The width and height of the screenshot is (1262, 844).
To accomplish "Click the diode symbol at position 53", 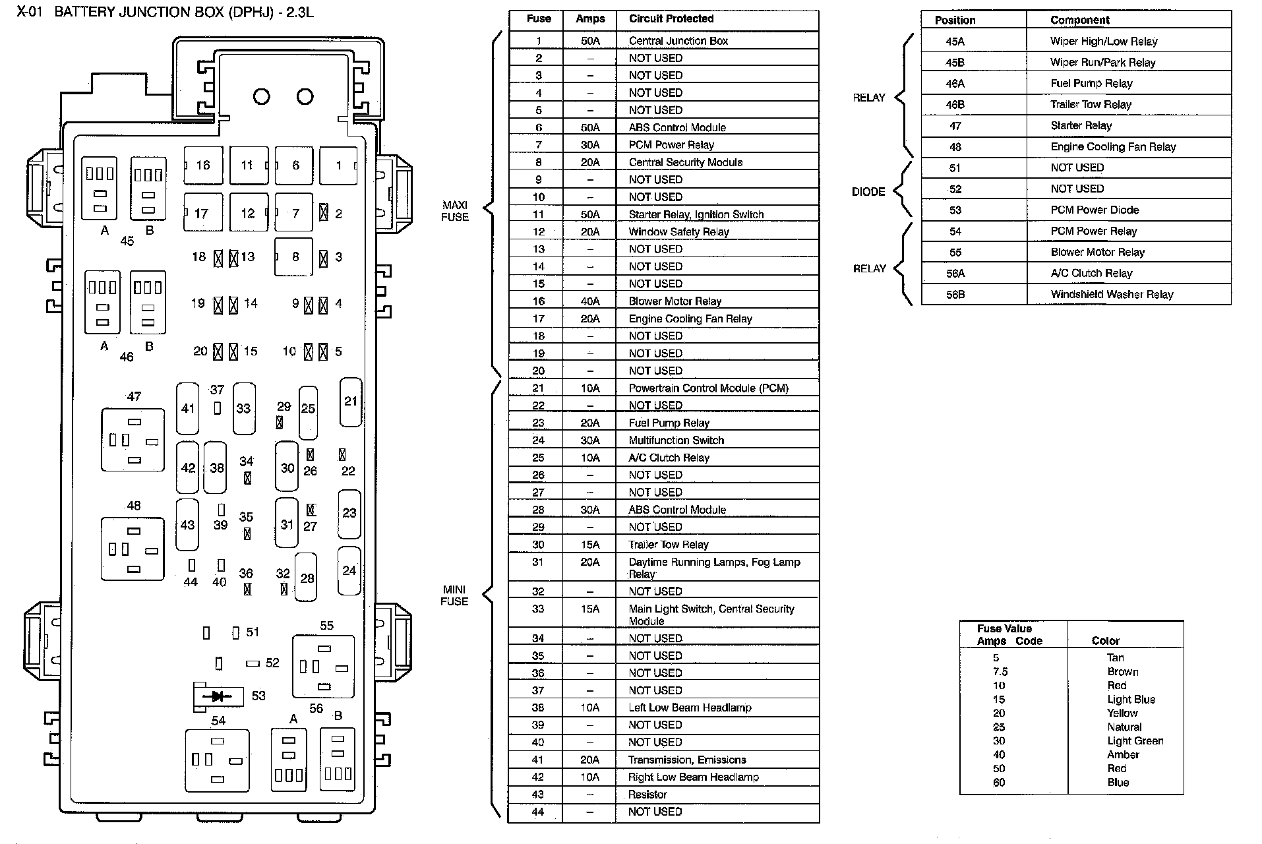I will click(x=218, y=696).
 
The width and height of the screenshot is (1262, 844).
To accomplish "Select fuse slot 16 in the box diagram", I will click(x=203, y=165).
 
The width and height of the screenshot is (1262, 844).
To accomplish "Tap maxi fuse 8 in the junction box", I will click(x=294, y=256).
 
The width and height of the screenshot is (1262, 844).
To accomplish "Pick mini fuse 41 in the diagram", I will click(x=188, y=408).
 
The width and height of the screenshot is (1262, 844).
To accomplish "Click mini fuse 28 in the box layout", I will click(x=307, y=578).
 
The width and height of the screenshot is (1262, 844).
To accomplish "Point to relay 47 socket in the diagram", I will click(x=133, y=440).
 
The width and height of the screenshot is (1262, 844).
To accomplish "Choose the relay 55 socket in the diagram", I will click(x=323, y=666).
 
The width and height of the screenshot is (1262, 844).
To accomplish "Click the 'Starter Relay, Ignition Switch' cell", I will click(x=696, y=214).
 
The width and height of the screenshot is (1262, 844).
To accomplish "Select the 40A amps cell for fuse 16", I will click(x=589, y=301).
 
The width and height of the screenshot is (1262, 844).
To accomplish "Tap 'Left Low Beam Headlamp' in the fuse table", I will click(x=690, y=708).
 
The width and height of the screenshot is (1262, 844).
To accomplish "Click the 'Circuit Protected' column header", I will click(x=671, y=19).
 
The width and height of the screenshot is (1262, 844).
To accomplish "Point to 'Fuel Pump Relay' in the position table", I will click(x=1091, y=84).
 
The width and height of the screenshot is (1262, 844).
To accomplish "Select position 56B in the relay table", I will click(x=955, y=295).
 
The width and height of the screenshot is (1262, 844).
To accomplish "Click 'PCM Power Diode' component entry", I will click(x=1095, y=210).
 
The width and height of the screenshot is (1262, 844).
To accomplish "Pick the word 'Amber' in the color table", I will click(x=1123, y=755).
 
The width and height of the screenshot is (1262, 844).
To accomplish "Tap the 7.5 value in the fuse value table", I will click(x=1000, y=672).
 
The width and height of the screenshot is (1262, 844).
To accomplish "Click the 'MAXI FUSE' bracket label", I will click(x=455, y=211).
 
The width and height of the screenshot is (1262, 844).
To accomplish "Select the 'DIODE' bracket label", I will click(x=868, y=192).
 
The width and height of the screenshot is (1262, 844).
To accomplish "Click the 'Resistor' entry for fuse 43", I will click(x=647, y=795).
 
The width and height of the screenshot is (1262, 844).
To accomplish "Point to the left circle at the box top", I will click(x=262, y=97).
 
